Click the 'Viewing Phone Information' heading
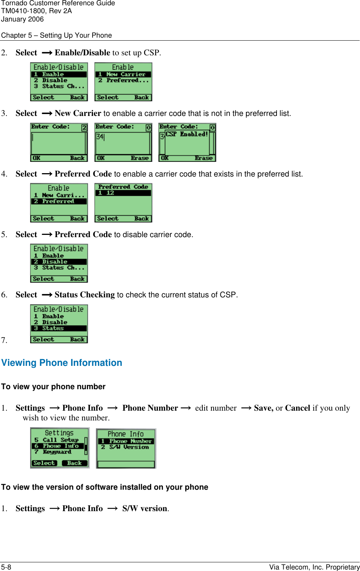click(62, 363)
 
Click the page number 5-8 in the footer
click(6, 567)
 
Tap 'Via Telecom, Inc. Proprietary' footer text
click(314, 567)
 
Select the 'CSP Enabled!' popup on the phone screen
click(187, 134)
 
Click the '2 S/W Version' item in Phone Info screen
click(125, 447)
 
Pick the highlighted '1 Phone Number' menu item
click(126, 441)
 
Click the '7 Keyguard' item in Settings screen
click(53, 452)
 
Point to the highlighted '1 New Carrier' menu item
click(123, 75)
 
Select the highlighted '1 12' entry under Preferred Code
click(123, 193)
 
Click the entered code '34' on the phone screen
click(100, 137)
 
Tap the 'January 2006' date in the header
click(22, 19)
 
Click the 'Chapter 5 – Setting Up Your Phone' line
click(56, 35)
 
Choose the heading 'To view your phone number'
click(53, 387)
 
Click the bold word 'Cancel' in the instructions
click(297, 408)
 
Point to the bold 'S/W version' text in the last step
click(144, 509)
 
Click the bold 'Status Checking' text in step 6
click(85, 295)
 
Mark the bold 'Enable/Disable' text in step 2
click(82, 53)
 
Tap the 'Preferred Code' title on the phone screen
click(123, 187)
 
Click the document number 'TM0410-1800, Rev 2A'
click(36, 11)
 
